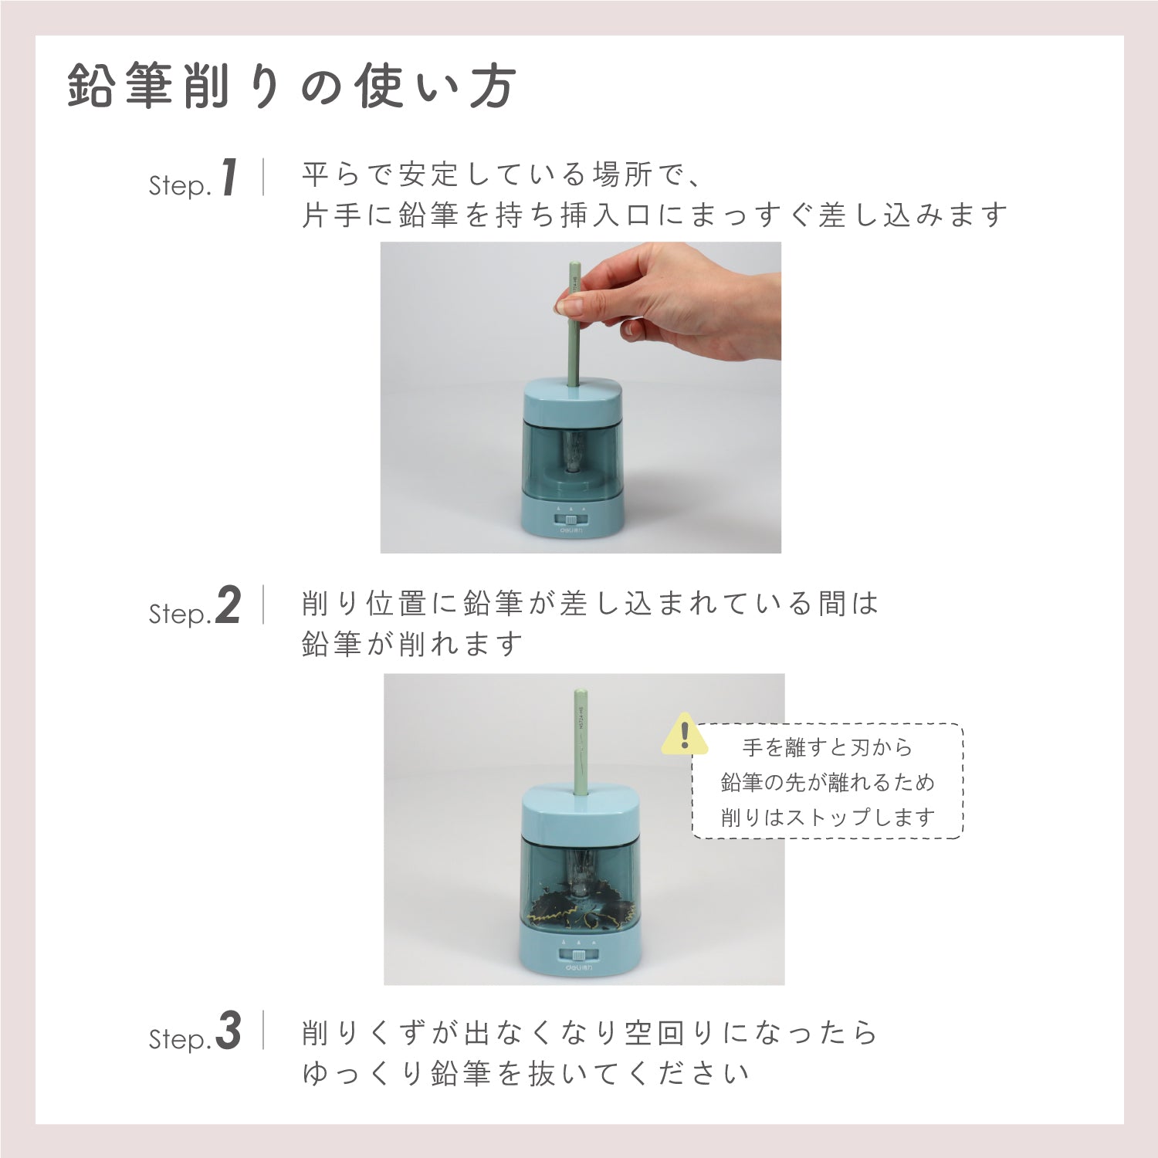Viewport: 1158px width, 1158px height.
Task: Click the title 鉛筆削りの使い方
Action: (291, 87)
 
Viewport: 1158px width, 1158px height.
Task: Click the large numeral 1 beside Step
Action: (229, 178)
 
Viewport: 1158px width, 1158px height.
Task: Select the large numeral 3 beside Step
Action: (229, 1032)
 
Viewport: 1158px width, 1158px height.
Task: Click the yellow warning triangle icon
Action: (685, 735)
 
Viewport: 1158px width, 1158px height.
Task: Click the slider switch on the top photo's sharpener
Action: (573, 520)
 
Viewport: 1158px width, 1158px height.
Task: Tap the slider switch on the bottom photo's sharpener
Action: (577, 952)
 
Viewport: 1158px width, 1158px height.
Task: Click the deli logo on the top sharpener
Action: (572, 532)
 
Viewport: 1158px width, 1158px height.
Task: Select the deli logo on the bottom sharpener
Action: (577, 965)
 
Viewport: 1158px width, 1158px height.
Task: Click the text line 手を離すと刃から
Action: (828, 747)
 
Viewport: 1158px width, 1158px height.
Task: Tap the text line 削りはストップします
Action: (828, 817)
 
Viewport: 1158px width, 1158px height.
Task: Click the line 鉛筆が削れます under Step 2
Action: (412, 644)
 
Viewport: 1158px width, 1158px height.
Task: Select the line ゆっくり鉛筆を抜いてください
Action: (525, 1073)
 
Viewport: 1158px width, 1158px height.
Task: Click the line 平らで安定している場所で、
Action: (502, 175)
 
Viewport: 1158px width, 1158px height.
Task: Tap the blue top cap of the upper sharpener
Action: (573, 401)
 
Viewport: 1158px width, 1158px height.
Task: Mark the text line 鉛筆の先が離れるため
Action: (828, 782)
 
